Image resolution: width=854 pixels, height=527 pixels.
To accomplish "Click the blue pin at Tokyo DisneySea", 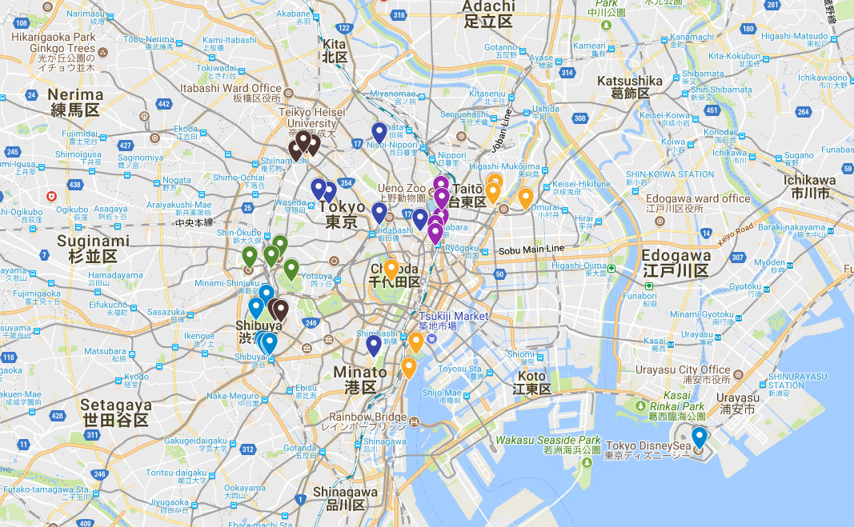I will pos(700,437).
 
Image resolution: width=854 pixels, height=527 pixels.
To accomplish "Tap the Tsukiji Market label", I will pos(453,317).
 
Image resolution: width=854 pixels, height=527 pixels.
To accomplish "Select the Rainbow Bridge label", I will pos(367,417).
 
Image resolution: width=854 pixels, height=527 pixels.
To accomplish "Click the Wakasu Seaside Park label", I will pos(547,441).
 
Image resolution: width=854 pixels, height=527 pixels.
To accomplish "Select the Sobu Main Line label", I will pos(531,250).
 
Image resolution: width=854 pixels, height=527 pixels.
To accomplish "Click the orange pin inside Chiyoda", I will pos(391,269).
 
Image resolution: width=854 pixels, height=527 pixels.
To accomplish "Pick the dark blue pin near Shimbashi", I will pos(373,345).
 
